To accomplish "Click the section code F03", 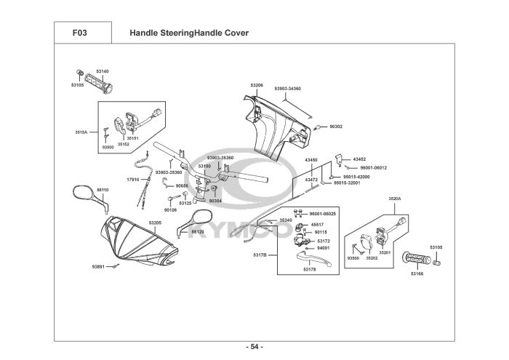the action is point(80,33).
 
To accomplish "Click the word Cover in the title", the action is point(238,33).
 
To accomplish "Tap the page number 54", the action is point(254,347).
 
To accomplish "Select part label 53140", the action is point(103,71).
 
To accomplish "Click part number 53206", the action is point(257,85).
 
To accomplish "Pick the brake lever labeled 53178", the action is point(313,259).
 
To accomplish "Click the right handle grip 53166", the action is point(417,258).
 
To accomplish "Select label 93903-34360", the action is point(288,88).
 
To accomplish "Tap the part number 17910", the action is point(133,180).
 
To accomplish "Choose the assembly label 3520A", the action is point(395,199).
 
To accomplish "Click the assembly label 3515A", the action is point(81,132).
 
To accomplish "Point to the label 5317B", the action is point(260,255).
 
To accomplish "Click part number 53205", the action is point(155,223).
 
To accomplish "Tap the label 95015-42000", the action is point(356,177).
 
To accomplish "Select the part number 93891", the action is point(98,267).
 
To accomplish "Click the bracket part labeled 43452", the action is point(339,160).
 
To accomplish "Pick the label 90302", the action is point(336,127).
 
